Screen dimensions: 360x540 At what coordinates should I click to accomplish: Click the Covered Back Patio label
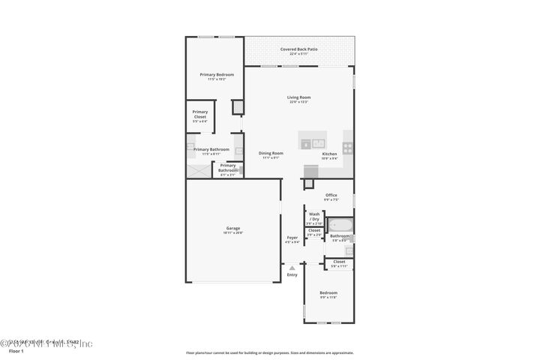click(x=298, y=49)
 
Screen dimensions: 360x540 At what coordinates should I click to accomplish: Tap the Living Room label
click(x=298, y=97)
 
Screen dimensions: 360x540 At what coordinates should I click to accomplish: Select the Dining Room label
click(x=271, y=154)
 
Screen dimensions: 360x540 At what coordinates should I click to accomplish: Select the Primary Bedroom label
click(x=216, y=75)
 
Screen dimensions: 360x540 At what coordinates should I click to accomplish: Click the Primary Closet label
click(x=199, y=115)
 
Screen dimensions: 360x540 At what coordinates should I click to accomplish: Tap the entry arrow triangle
click(x=292, y=267)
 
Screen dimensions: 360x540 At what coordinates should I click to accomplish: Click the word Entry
click(x=292, y=274)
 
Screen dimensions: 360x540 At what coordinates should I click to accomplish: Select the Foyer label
click(x=292, y=238)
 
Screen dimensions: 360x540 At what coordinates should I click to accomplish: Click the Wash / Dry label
click(x=314, y=216)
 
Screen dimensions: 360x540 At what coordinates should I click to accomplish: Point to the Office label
click(x=331, y=196)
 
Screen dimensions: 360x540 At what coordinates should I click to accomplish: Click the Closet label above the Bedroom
click(x=339, y=262)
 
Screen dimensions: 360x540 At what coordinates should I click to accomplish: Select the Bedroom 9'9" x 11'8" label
click(x=328, y=293)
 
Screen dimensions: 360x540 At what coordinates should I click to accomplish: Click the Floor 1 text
click(x=16, y=350)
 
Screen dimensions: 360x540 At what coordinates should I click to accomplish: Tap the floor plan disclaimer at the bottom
click(x=269, y=352)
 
